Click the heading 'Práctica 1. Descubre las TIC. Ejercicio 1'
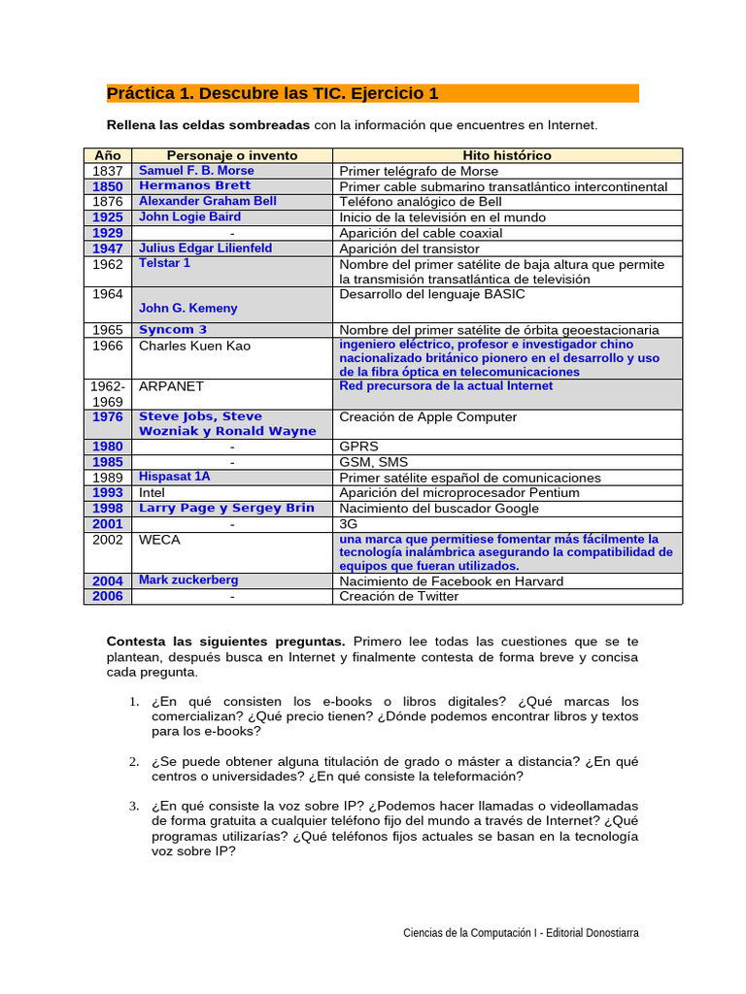click(273, 93)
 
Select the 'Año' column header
click(108, 155)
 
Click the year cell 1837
click(108, 171)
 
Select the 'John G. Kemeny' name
click(188, 309)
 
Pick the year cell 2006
click(108, 596)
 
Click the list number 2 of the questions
click(134, 762)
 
